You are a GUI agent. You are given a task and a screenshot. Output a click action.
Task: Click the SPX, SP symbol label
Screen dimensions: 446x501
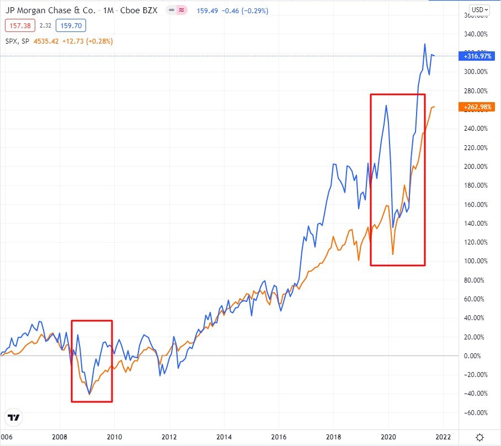pos(17,41)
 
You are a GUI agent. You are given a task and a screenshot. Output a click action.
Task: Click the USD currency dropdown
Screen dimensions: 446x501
pos(478,9)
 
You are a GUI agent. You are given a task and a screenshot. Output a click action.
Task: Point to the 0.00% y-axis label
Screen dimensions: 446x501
pos(475,356)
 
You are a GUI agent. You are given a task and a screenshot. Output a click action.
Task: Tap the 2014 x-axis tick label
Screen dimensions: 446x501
pos(224,437)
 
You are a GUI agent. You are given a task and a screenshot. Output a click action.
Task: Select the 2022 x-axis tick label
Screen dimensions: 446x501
pos(443,437)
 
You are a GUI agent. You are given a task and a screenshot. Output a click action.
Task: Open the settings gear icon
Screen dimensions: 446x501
pos(481,437)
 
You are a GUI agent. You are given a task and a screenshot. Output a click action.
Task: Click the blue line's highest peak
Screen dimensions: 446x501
pos(424,44)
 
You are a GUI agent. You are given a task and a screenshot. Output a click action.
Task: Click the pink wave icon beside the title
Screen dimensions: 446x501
pos(180,10)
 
